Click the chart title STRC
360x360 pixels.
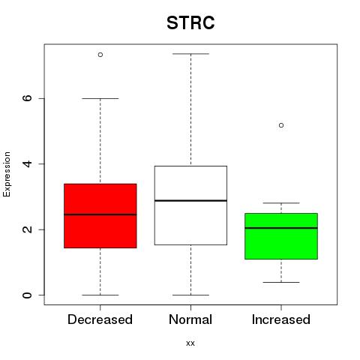[190, 23]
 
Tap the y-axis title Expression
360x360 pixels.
[7, 174]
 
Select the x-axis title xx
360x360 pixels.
[190, 343]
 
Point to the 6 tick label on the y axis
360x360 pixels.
[27, 98]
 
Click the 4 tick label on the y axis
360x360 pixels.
[27, 163]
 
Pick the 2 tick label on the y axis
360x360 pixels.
[27, 229]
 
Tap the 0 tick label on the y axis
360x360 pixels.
[27, 295]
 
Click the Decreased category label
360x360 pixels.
[100, 319]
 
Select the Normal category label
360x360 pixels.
[190, 319]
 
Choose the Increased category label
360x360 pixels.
[281, 319]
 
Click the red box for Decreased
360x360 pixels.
[100, 216]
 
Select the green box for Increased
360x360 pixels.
[281, 236]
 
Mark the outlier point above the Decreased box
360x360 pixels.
[100, 55]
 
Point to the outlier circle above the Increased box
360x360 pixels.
[281, 125]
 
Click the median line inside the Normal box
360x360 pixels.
[190, 200]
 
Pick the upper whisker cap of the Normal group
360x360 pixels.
[190, 54]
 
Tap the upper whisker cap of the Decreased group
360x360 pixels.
[100, 98]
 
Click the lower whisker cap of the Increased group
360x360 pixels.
[281, 282]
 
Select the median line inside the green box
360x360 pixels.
[281, 228]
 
